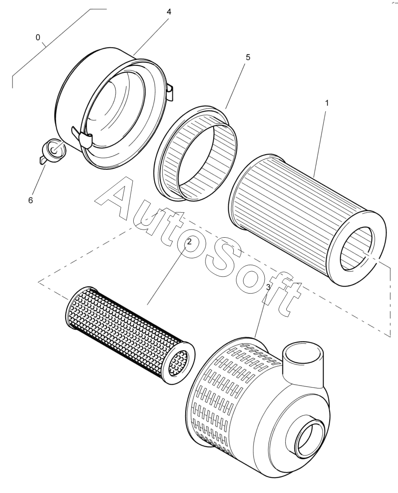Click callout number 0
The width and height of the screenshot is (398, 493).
coord(38,38)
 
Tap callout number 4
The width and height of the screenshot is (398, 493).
coord(169,12)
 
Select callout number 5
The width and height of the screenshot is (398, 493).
coord(248,57)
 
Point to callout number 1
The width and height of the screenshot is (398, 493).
coord(327,103)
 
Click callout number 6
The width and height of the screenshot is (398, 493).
coord(31,200)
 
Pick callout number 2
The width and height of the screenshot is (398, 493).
coord(189,242)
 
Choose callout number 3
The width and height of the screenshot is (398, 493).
coord(268,287)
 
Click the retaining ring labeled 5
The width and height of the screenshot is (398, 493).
coord(196,153)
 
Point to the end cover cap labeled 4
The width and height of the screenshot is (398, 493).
coord(113,107)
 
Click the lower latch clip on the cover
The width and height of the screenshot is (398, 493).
coord(83,138)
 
